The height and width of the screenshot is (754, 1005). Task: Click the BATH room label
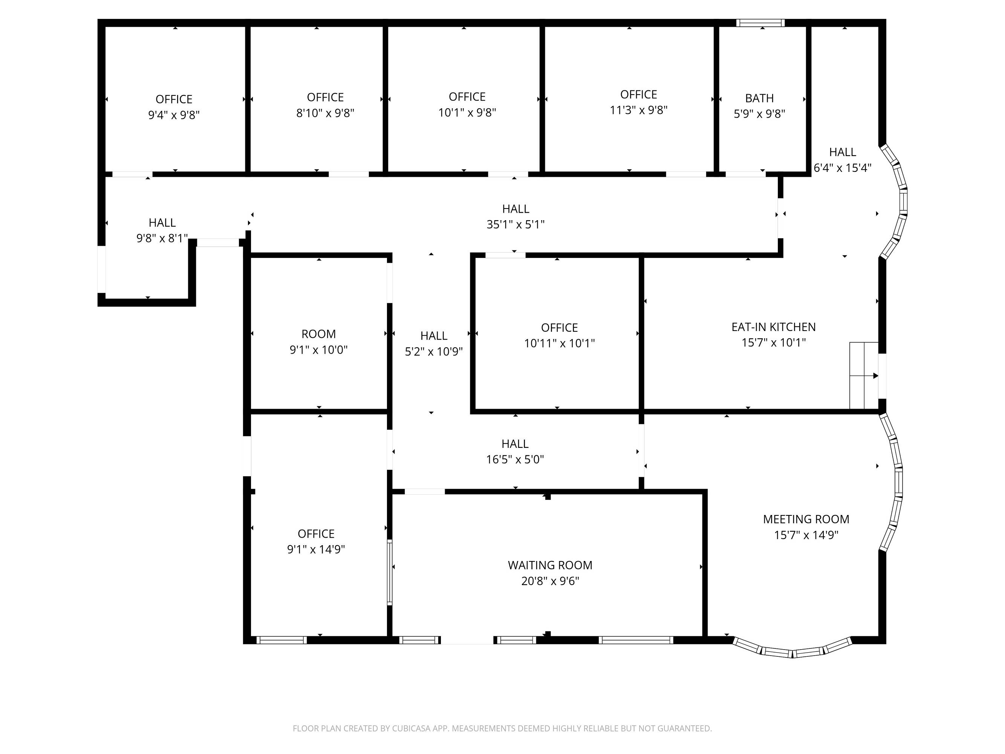click(x=759, y=98)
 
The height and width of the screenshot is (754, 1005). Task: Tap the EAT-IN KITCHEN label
click(x=773, y=327)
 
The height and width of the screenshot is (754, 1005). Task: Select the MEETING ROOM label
click(x=806, y=519)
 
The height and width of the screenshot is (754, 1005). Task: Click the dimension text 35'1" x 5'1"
click(x=515, y=225)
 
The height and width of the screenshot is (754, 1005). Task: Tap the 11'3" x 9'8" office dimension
click(x=638, y=110)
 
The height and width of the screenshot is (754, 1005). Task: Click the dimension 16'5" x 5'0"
click(x=515, y=460)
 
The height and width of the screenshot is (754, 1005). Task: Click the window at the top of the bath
click(x=760, y=23)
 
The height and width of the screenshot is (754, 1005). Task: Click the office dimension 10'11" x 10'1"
click(x=559, y=343)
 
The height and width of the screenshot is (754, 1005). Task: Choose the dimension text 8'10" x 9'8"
click(x=325, y=113)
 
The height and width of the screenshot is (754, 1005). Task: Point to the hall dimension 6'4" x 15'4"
click(x=842, y=168)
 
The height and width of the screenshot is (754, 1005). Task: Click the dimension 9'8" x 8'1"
click(x=162, y=238)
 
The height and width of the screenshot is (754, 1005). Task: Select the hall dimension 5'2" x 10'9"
click(x=433, y=351)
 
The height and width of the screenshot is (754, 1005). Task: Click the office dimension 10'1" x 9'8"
click(x=467, y=112)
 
